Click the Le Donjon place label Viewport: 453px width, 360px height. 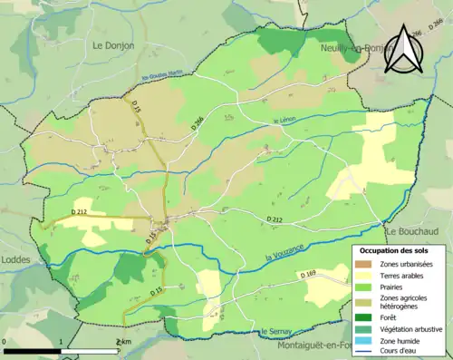point(113,44)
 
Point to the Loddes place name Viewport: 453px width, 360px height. point(16,259)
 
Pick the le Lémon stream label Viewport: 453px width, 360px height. point(284,122)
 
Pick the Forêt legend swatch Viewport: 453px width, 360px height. point(364,316)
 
